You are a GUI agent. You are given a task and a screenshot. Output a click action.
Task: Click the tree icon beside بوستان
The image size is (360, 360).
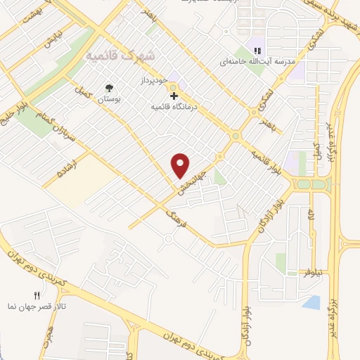(x=109, y=89)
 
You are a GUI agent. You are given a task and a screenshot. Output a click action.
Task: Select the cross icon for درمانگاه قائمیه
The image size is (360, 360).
(x=174, y=96)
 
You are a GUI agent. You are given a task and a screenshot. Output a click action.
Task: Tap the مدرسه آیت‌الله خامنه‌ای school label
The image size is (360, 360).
(x=255, y=63)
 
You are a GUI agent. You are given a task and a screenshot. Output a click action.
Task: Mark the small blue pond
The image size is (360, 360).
(x=311, y=303)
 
